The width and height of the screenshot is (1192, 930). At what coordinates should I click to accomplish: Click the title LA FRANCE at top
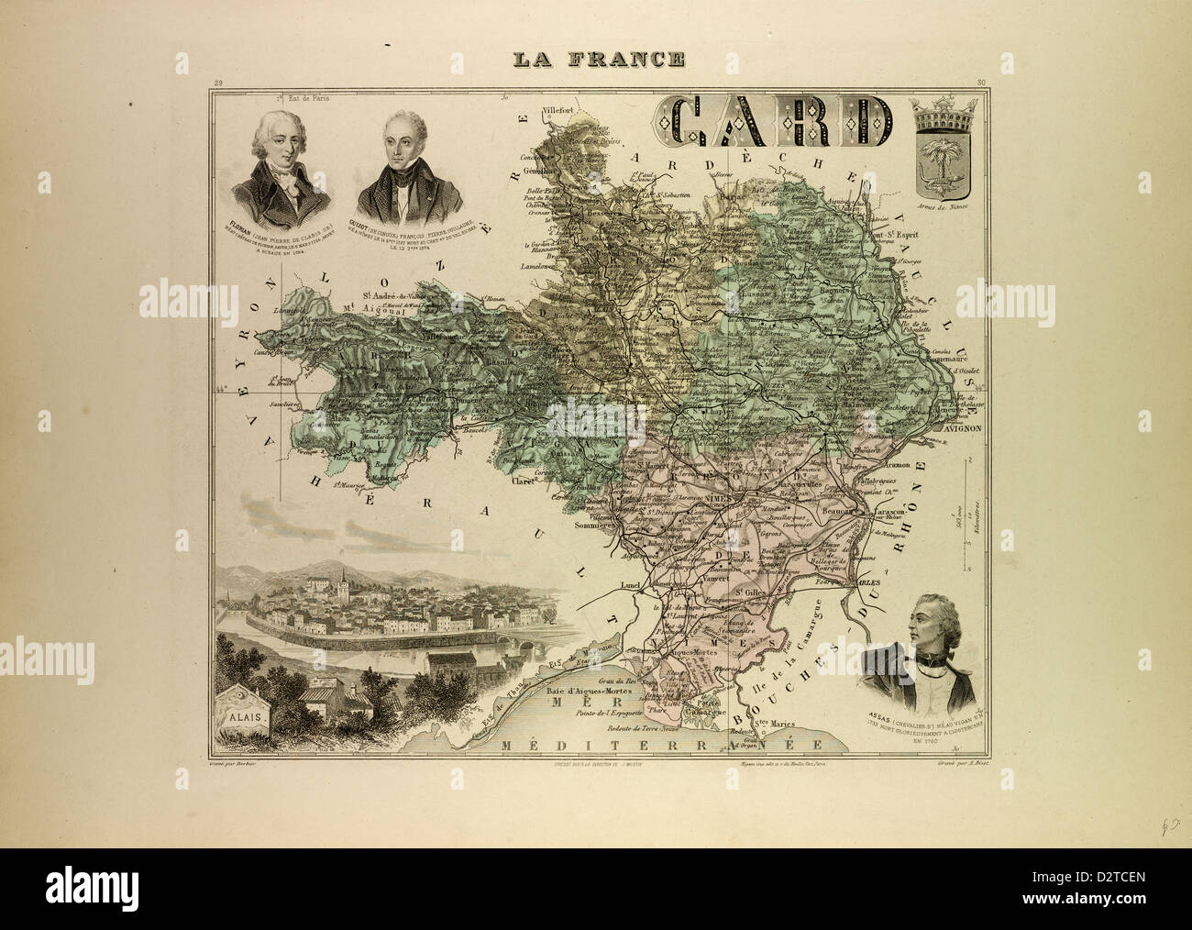point(597,60)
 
